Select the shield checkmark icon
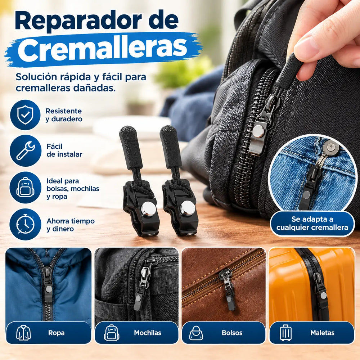25,115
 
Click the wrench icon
26,150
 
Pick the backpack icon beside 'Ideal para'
25,187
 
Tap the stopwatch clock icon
25,224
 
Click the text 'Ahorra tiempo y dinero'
71,225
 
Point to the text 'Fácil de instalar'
64,150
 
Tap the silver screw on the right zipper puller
188,208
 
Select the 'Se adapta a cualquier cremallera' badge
312,224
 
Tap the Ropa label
56,333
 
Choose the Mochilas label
148,333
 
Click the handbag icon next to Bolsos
196,333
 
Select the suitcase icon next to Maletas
285,333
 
